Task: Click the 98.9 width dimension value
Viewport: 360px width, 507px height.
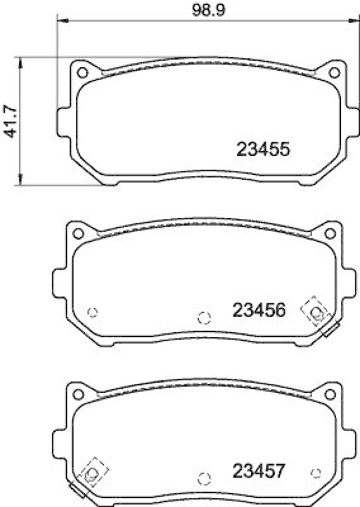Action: point(204,10)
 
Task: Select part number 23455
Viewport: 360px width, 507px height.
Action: point(263,150)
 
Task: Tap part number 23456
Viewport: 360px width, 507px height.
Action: point(260,310)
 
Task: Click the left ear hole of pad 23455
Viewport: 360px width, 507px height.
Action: point(82,70)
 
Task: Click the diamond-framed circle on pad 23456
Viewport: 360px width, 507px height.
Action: point(316,311)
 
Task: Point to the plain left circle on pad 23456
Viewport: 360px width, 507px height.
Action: point(92,311)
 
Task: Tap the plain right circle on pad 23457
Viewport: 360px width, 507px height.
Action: point(316,473)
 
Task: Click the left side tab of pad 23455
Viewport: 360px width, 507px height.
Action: point(61,122)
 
